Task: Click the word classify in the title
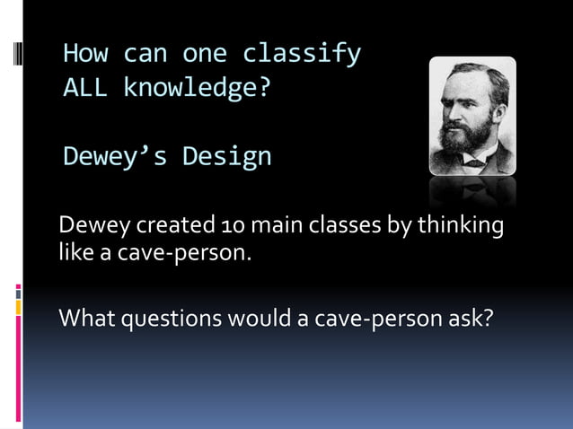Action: pyautogui.click(x=301, y=55)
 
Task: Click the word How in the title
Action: pyautogui.click(x=85, y=55)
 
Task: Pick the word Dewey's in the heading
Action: pyautogui.click(x=116, y=157)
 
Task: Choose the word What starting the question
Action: pyautogui.click(x=86, y=319)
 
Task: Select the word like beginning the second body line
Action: pyautogui.click(x=74, y=251)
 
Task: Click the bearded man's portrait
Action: pyautogui.click(x=472, y=117)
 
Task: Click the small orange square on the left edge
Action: pyautogui.click(x=18, y=308)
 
